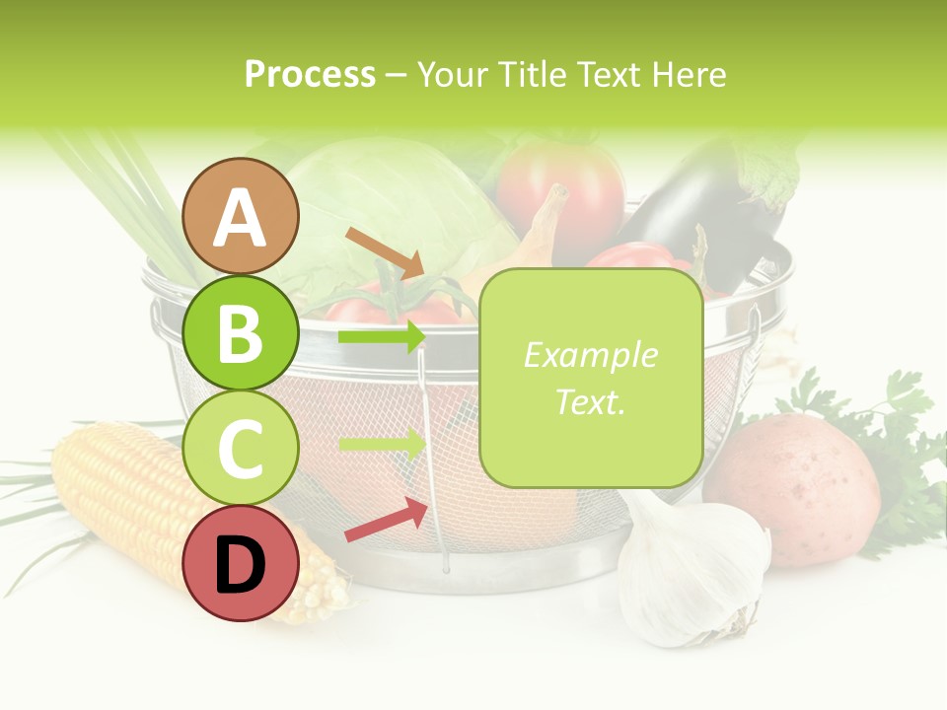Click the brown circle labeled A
(x=241, y=216)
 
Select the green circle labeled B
(x=241, y=333)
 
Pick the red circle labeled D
(x=241, y=564)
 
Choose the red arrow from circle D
(x=386, y=521)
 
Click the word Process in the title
(x=310, y=74)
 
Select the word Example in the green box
(x=591, y=355)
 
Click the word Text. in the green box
(x=591, y=401)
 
